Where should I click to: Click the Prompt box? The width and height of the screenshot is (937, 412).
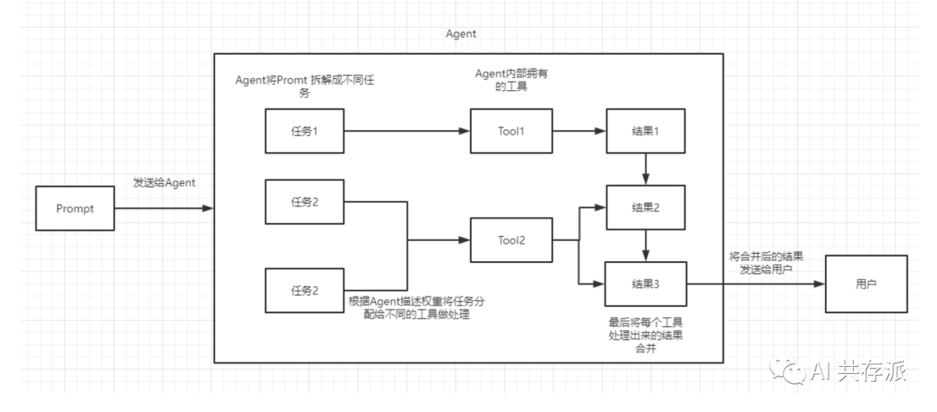tap(75, 209)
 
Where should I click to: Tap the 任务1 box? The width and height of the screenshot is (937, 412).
tap(304, 132)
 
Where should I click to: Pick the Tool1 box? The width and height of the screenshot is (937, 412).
tap(510, 132)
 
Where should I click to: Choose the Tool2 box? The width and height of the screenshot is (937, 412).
tap(510, 240)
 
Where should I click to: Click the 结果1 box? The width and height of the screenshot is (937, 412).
tap(646, 132)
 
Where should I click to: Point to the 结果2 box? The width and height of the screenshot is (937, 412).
tap(646, 207)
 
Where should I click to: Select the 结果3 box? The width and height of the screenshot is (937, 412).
tap(646, 284)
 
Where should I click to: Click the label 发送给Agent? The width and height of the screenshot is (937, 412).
tap(163, 183)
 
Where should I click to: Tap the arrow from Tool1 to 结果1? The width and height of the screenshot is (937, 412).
tap(578, 132)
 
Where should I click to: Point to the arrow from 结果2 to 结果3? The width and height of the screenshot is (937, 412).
tap(646, 245)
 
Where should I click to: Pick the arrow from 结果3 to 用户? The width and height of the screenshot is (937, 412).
tap(755, 284)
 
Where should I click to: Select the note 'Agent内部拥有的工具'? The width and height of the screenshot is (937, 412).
tap(511, 81)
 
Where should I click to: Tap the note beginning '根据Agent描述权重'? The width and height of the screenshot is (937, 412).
tap(417, 308)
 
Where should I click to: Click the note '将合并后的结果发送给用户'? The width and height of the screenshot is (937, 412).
tap(766, 263)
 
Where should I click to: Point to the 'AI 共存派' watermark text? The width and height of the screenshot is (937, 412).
tap(858, 371)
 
